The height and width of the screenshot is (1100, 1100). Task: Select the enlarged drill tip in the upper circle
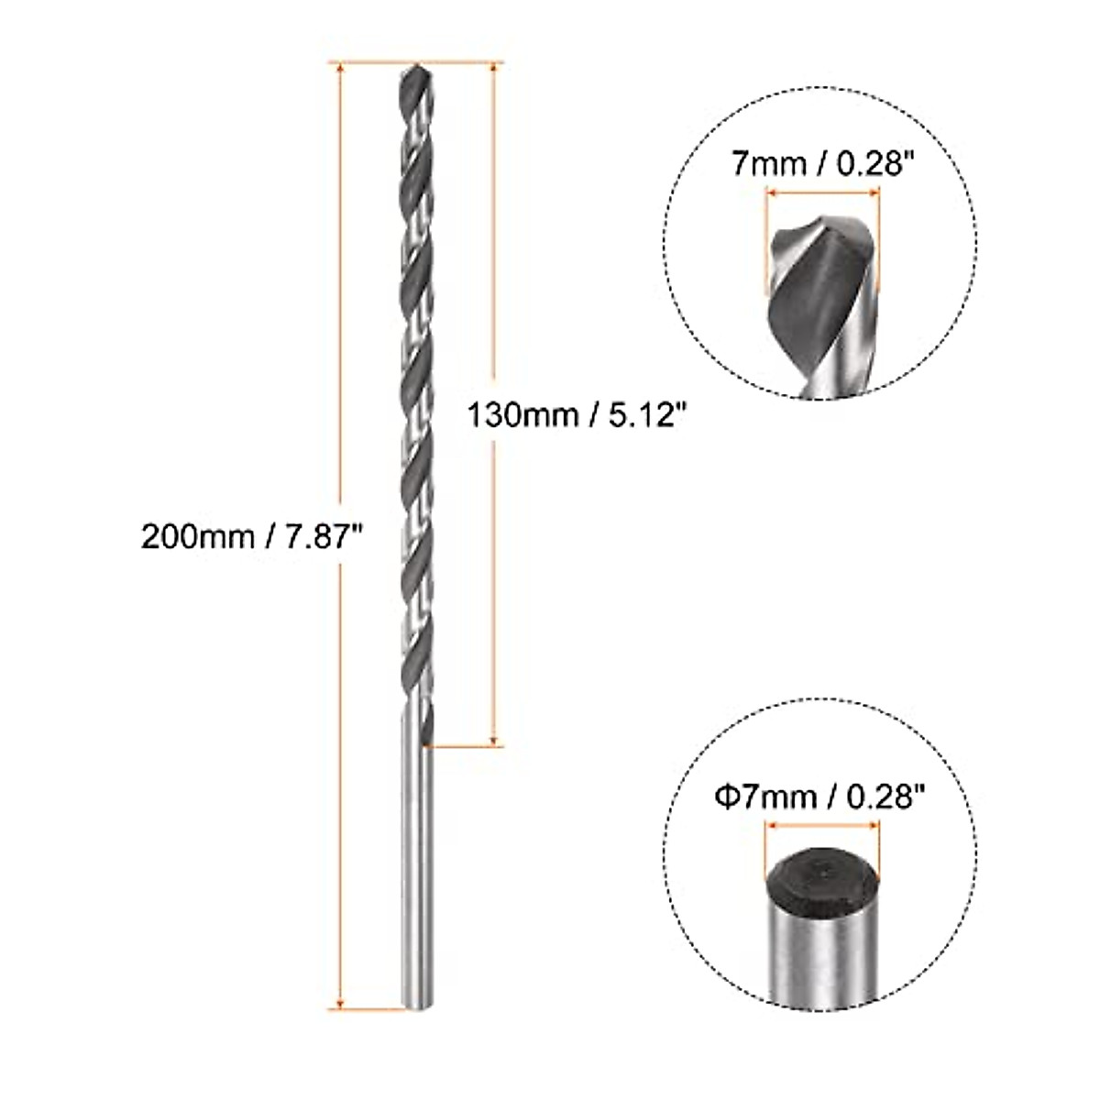click(x=820, y=293)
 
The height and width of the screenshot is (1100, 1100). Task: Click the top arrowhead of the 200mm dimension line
click(x=341, y=70)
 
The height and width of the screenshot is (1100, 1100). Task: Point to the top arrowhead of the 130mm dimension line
click(x=495, y=70)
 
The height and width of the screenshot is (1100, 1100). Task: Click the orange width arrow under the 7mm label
click(x=822, y=192)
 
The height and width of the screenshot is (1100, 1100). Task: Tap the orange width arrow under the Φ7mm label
click(x=821, y=825)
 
